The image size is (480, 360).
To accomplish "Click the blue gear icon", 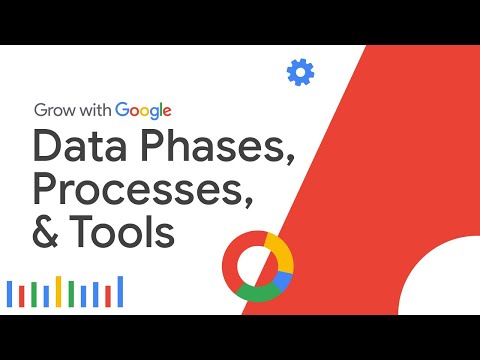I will (x=299, y=72).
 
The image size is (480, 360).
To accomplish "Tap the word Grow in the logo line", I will (x=57, y=110).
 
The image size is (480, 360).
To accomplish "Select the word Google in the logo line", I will (x=144, y=110).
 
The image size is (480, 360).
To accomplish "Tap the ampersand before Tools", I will (x=50, y=235).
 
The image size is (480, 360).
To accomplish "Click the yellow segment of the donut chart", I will (x=281, y=252).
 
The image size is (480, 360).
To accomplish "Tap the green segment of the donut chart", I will (x=259, y=294).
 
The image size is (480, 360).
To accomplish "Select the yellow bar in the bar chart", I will (x=58, y=292).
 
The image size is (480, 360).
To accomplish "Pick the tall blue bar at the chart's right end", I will (x=120, y=291).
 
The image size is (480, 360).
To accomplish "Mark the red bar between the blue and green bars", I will (x=21, y=296).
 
